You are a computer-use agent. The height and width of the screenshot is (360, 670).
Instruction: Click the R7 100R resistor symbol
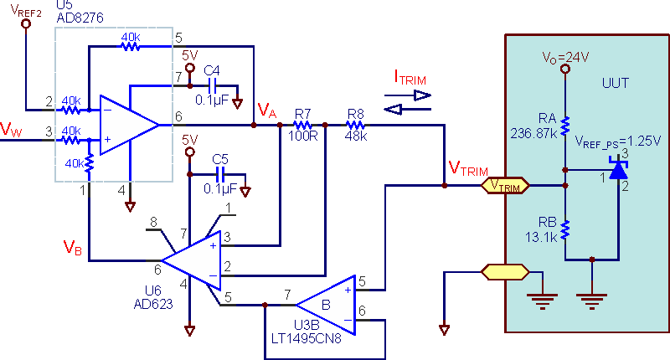point(302,125)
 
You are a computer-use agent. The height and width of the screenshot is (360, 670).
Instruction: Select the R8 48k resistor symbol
point(355,125)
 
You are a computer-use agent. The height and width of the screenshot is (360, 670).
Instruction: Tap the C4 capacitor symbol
point(213,86)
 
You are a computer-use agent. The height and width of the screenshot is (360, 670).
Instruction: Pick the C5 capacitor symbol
point(221,174)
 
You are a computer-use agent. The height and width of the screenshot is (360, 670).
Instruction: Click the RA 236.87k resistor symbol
point(565,126)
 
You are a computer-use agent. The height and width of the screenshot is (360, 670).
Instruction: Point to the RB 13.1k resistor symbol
point(565,229)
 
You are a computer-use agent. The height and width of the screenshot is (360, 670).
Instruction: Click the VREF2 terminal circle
point(26,24)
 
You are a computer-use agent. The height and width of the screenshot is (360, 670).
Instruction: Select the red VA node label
point(267,111)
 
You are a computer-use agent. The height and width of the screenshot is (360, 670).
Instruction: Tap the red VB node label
point(72,247)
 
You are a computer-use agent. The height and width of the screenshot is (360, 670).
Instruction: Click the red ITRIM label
point(410,77)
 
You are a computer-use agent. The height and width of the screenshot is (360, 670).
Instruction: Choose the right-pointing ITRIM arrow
point(408,95)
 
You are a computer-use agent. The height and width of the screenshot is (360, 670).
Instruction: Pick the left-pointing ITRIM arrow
point(408,110)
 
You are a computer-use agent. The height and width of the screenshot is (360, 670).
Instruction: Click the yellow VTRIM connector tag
point(505,186)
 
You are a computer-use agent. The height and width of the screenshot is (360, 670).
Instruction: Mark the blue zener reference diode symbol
point(618,168)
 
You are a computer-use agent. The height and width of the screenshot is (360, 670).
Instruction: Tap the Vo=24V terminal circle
point(565,69)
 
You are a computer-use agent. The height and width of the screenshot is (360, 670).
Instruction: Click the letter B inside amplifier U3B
point(326,305)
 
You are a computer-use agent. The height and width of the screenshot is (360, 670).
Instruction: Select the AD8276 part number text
point(80,18)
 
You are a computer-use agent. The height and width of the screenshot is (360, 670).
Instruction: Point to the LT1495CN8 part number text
point(307,338)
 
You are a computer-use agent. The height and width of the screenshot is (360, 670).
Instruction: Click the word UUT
point(616,82)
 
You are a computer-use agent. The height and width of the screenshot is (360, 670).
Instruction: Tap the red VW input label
point(11,129)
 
